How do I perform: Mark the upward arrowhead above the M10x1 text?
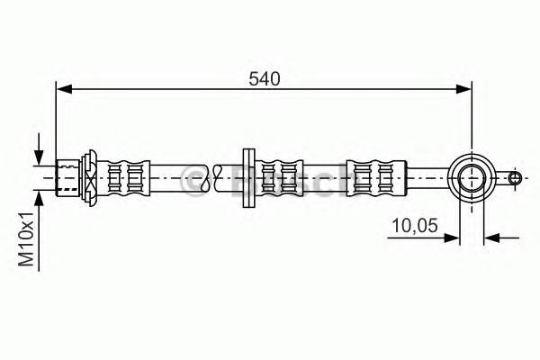(39, 196)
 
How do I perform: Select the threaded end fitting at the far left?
(67, 176)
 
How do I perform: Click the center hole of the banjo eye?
(471, 176)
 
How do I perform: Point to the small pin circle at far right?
(514, 177)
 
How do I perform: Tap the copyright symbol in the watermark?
(193, 180)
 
